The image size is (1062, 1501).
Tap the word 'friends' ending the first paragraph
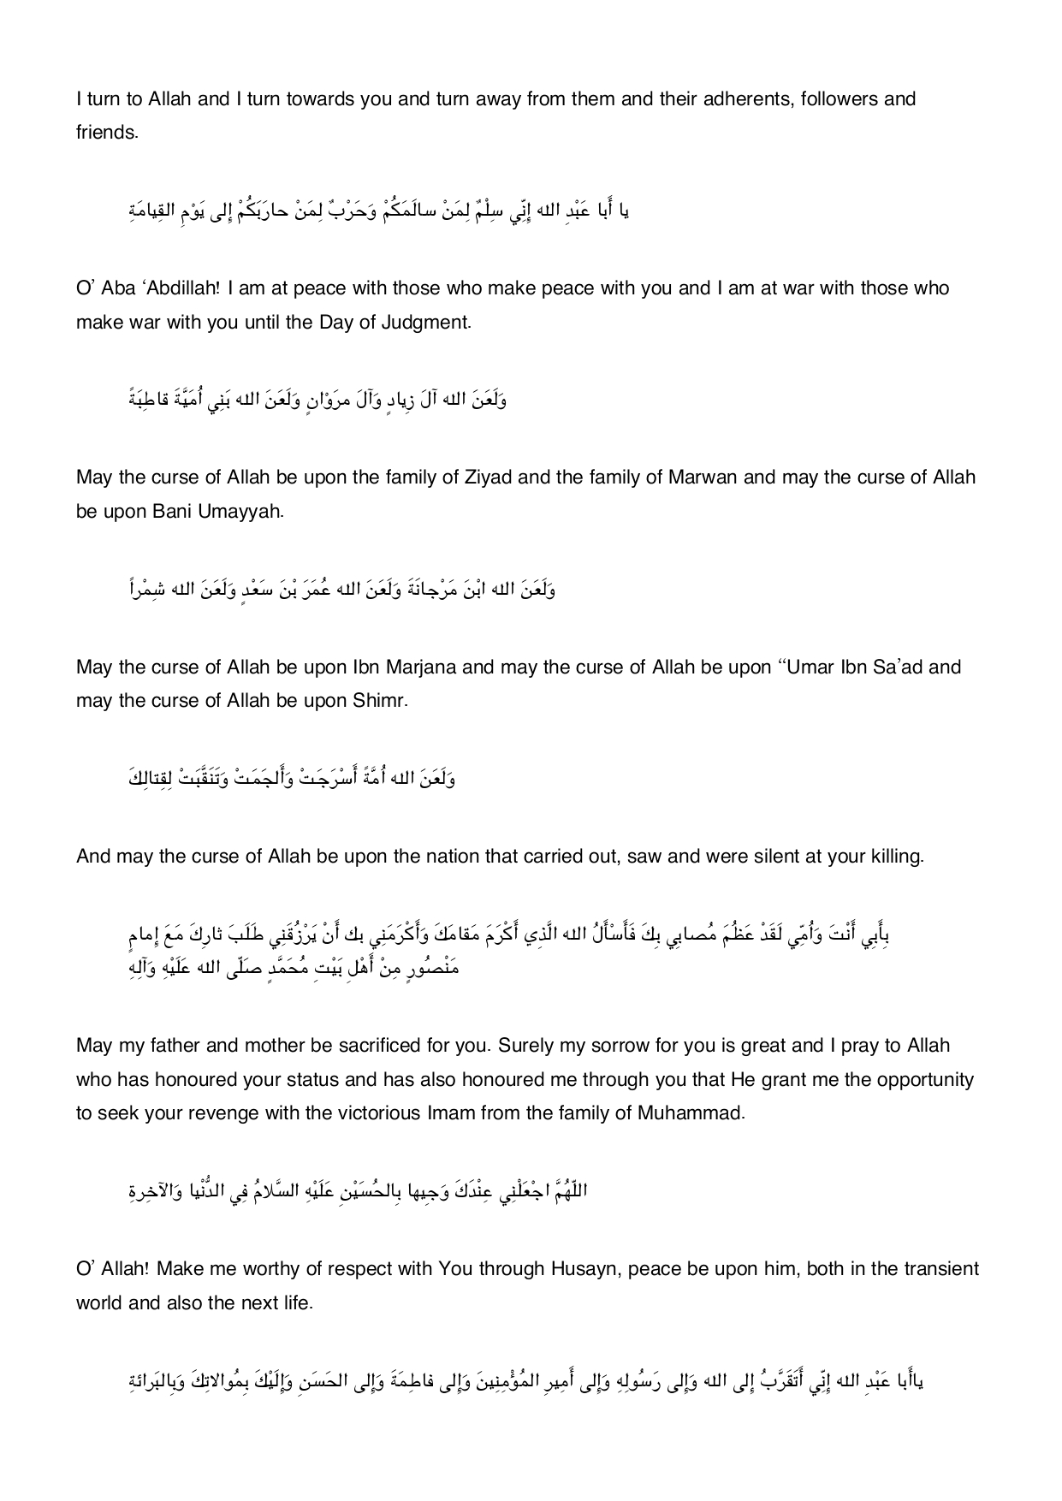(105, 133)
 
